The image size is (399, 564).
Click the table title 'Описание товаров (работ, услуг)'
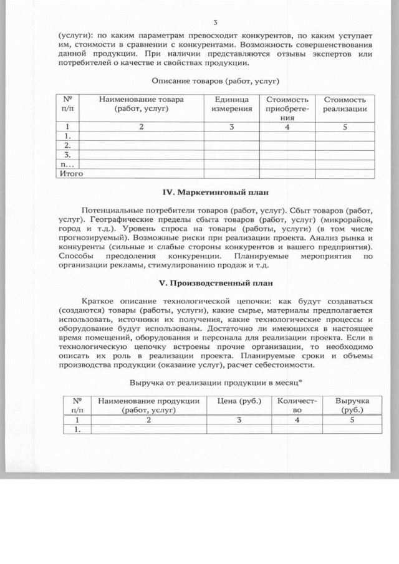click(214, 81)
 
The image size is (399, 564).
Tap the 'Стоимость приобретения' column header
click(286, 108)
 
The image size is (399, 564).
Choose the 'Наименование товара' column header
click(141, 104)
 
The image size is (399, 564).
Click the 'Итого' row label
click(70, 174)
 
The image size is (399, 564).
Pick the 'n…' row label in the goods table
click(67, 164)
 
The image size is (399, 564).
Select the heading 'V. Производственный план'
click(214, 283)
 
